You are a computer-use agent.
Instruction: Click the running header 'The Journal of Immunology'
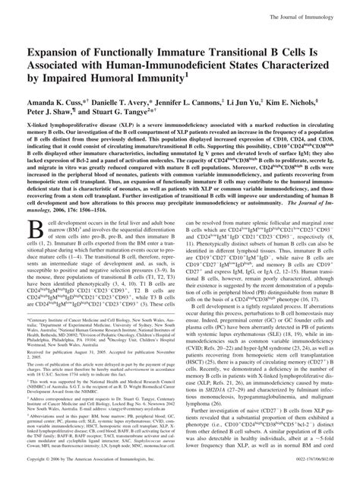311,7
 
